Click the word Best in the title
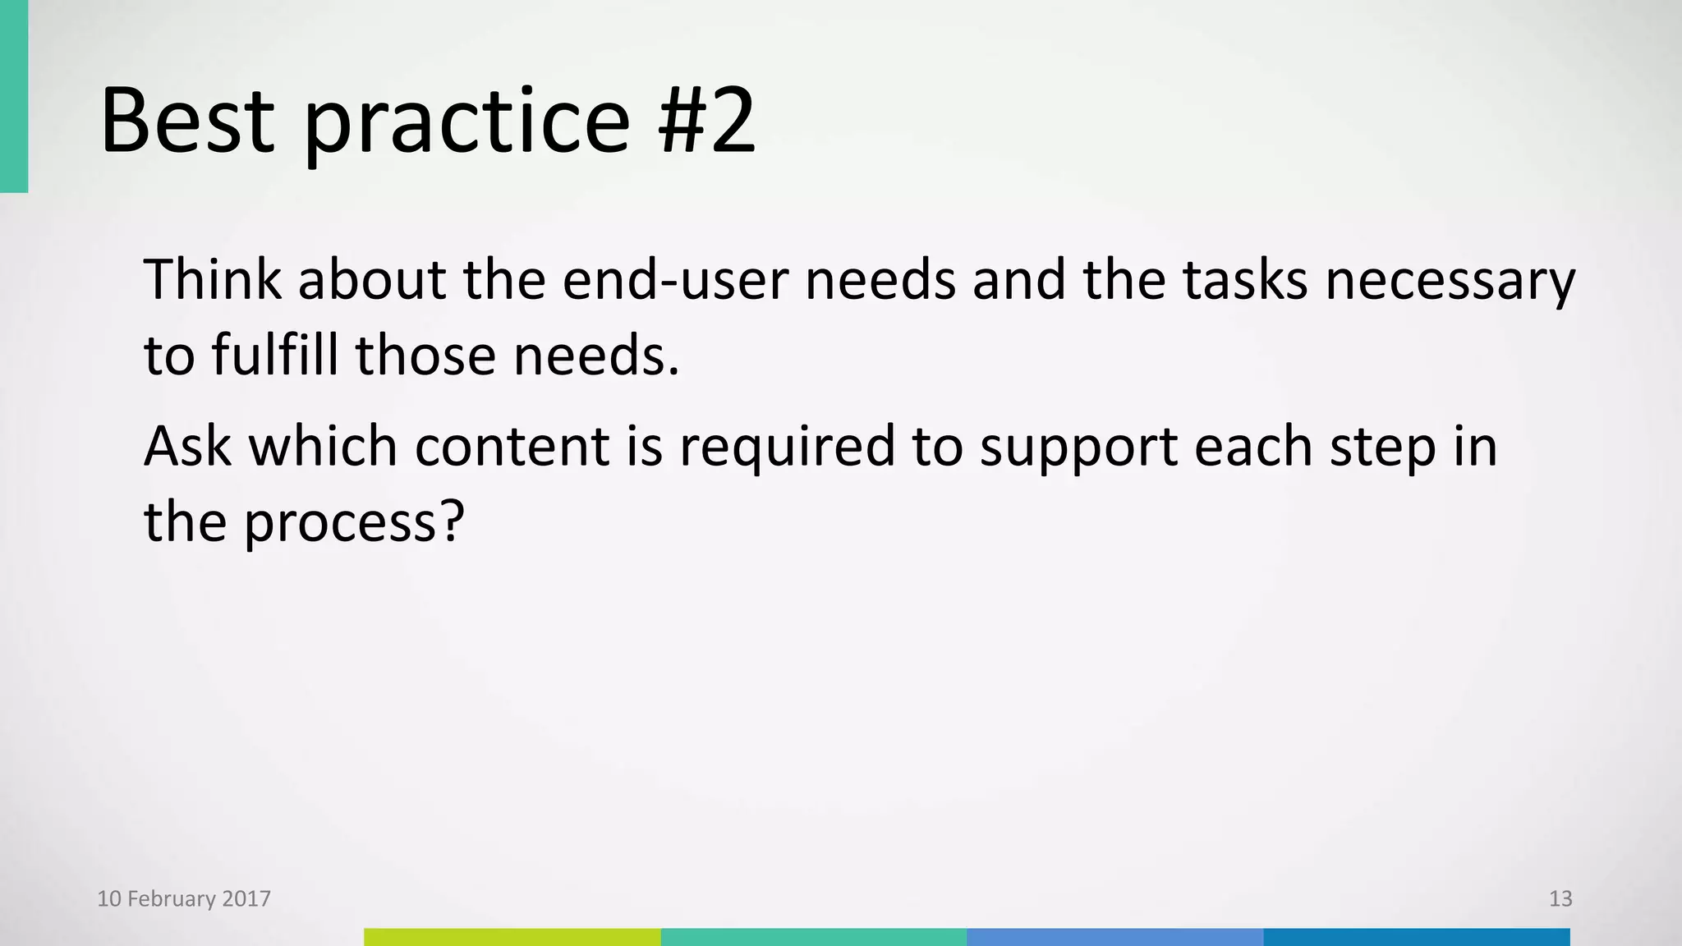point(187,122)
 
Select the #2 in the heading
point(706,122)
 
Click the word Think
point(213,279)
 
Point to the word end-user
point(676,279)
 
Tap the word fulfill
point(274,356)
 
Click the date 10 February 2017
point(184,898)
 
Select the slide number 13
point(1560,898)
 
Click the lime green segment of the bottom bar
point(512,937)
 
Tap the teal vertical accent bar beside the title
point(13,96)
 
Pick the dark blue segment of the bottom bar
point(1416,937)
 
